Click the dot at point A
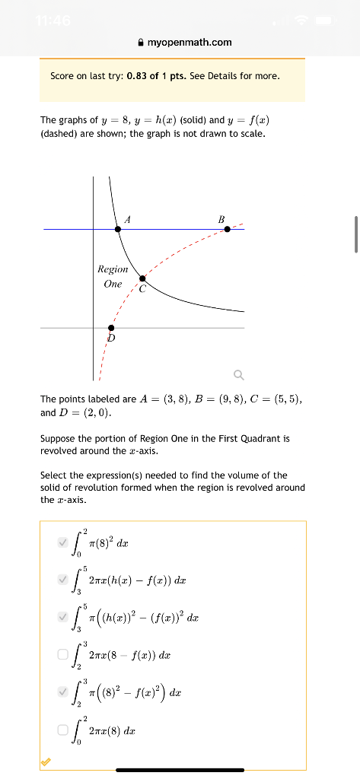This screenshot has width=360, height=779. click(x=118, y=228)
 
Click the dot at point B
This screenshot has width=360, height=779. click(x=228, y=228)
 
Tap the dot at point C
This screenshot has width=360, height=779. click(x=142, y=279)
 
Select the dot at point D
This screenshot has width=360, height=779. click(x=112, y=327)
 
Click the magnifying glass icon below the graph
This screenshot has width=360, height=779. click(x=239, y=374)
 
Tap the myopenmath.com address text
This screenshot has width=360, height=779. click(x=190, y=42)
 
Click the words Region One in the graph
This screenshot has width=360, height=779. click(x=113, y=276)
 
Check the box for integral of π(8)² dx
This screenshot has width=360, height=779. click(x=62, y=542)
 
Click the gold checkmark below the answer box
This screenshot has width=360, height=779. click(x=46, y=762)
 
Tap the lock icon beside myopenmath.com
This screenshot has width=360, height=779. click(x=140, y=42)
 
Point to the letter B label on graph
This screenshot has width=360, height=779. click(x=221, y=219)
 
